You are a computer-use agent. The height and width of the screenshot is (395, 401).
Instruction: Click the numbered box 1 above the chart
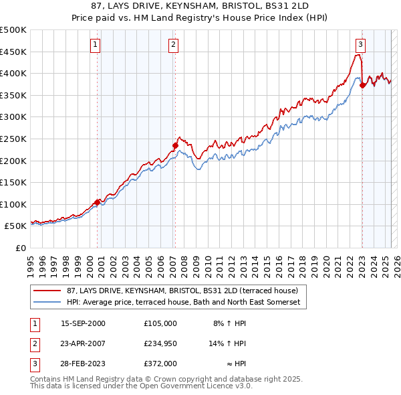(x=95, y=45)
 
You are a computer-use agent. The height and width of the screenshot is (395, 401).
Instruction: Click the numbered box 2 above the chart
(x=173, y=45)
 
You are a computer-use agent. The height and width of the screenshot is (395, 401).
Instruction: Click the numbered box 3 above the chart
(x=360, y=45)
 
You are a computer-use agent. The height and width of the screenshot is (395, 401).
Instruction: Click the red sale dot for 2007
(x=175, y=145)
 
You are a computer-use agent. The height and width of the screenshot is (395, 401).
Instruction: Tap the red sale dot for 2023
(x=362, y=85)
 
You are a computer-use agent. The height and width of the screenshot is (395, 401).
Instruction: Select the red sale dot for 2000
(x=98, y=202)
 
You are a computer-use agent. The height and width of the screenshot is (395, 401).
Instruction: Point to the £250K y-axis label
(x=13, y=139)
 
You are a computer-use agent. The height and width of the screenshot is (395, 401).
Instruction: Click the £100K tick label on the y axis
(x=13, y=204)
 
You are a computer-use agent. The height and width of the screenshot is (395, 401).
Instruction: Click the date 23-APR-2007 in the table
(x=83, y=343)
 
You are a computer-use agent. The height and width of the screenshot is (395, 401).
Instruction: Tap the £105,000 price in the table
(x=160, y=323)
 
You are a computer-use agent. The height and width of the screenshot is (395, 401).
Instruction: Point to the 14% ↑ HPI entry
(x=228, y=343)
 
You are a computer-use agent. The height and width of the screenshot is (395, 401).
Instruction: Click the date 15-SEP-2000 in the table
(x=83, y=323)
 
